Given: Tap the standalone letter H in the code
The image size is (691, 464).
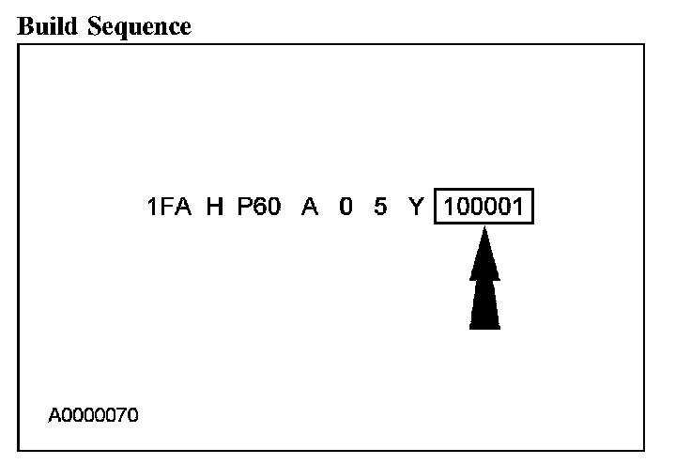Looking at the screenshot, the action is pyautogui.click(x=216, y=208).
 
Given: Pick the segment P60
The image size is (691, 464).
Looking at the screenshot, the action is pyautogui.click(x=258, y=208).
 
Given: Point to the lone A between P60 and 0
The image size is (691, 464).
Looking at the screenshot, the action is pyautogui.click(x=309, y=208).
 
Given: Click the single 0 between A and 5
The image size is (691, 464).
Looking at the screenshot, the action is pyautogui.click(x=346, y=208).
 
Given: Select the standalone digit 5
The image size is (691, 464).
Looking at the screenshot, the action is pyautogui.click(x=379, y=208).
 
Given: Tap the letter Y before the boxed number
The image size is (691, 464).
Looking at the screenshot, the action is pyautogui.click(x=417, y=208).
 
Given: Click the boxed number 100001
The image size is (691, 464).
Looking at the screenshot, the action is pyautogui.click(x=484, y=208).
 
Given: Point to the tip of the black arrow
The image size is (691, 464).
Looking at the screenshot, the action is pyautogui.click(x=484, y=231).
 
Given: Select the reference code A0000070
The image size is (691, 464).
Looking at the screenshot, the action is pyautogui.click(x=94, y=414).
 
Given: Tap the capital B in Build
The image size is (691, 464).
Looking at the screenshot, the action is pyautogui.click(x=26, y=26).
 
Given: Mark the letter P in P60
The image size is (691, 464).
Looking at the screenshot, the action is pyautogui.click(x=243, y=208).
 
